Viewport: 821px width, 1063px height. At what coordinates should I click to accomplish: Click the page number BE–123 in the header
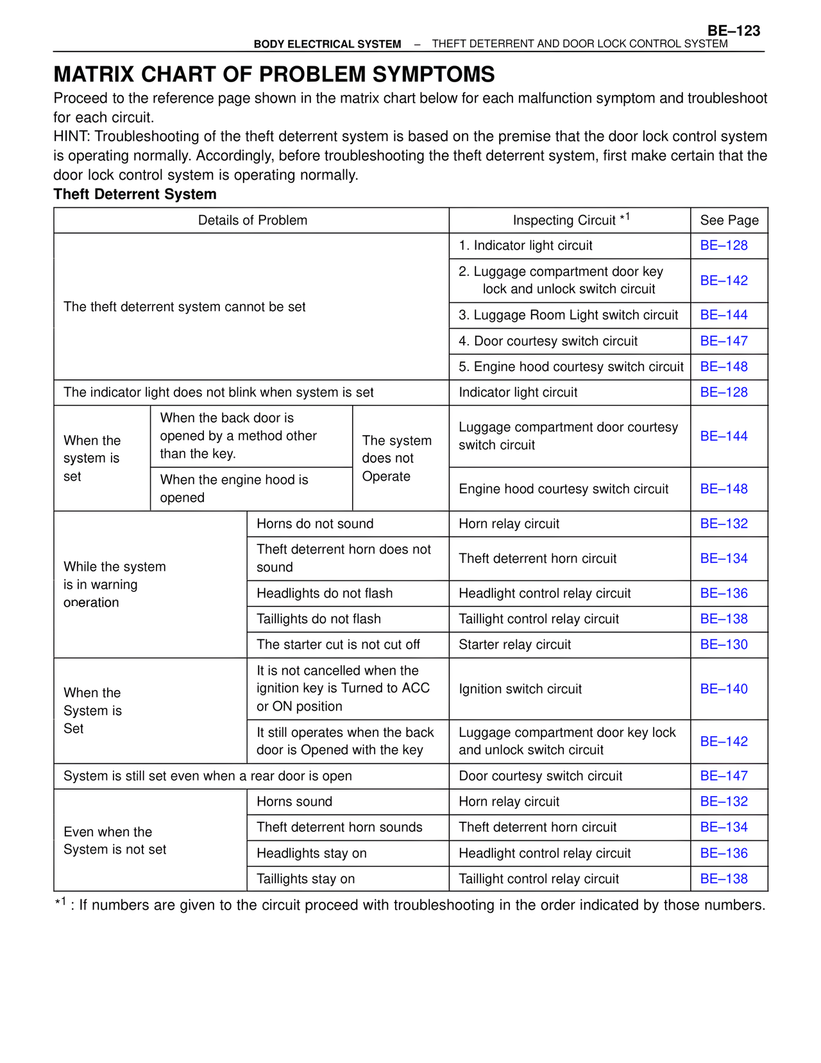click(x=733, y=31)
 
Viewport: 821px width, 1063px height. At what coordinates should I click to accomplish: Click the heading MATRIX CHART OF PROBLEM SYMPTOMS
click(x=274, y=74)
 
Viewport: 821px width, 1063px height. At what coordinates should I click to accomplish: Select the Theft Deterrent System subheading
click(x=135, y=194)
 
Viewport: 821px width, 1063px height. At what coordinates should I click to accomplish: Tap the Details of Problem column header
click(x=252, y=220)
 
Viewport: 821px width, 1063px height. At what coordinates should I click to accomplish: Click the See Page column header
click(x=729, y=220)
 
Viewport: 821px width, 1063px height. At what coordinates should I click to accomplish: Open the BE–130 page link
click(x=724, y=644)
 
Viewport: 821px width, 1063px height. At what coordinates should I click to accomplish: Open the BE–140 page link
click(x=724, y=689)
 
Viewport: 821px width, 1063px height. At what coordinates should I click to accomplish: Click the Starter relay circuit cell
click(x=514, y=644)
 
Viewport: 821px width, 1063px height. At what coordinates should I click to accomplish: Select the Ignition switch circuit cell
click(x=520, y=689)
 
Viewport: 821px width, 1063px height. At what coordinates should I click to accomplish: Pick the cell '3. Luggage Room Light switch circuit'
click(x=568, y=315)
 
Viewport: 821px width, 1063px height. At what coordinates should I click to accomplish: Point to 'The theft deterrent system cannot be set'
click(x=184, y=307)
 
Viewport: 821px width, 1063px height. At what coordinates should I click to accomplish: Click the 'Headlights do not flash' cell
click(x=325, y=593)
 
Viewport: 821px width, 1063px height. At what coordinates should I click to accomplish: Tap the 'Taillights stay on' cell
click(x=305, y=879)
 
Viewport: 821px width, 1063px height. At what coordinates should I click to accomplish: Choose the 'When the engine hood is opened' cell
click(x=234, y=488)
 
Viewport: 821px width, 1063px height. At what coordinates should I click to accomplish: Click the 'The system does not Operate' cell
click(x=396, y=458)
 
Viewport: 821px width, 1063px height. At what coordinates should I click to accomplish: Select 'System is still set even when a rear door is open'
click(x=208, y=776)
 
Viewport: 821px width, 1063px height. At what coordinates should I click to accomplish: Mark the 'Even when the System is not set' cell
click(x=115, y=840)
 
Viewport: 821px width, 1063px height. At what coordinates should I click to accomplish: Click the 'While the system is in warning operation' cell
click(x=114, y=584)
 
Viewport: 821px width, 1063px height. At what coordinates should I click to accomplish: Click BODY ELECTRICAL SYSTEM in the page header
click(x=327, y=44)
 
